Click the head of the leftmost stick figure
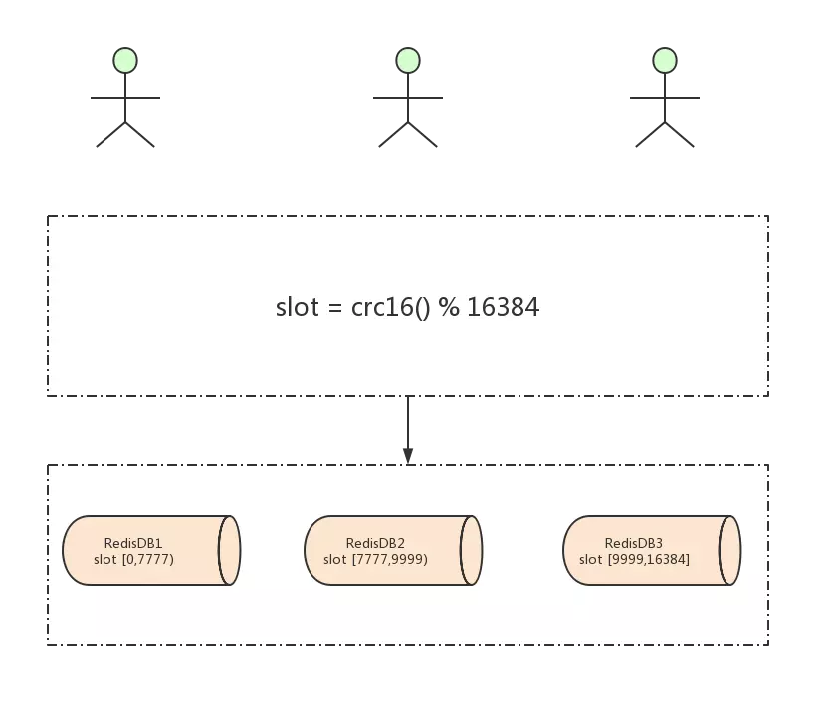point(125,60)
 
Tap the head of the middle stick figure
point(408,60)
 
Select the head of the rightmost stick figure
point(665,60)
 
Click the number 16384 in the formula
point(503,307)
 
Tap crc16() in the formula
point(391,307)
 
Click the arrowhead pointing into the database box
point(408,455)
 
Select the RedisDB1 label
point(133,543)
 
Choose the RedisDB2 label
point(375,543)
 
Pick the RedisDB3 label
point(634,543)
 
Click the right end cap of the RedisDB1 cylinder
point(230,550)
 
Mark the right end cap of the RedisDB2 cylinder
point(472,550)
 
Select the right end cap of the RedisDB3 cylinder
point(729,550)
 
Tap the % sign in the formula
point(449,307)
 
